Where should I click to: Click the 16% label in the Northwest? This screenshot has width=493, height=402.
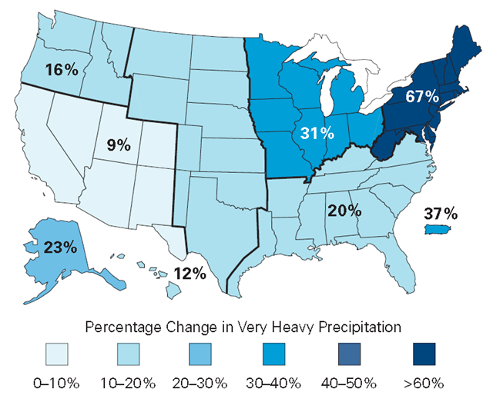point(62,70)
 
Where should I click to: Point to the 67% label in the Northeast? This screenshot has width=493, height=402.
point(422,97)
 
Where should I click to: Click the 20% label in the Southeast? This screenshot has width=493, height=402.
point(343,209)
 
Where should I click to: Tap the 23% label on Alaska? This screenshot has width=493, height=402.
point(59,248)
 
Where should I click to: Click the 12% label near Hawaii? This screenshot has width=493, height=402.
point(189,273)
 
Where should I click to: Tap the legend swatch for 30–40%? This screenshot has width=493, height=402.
point(283,354)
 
